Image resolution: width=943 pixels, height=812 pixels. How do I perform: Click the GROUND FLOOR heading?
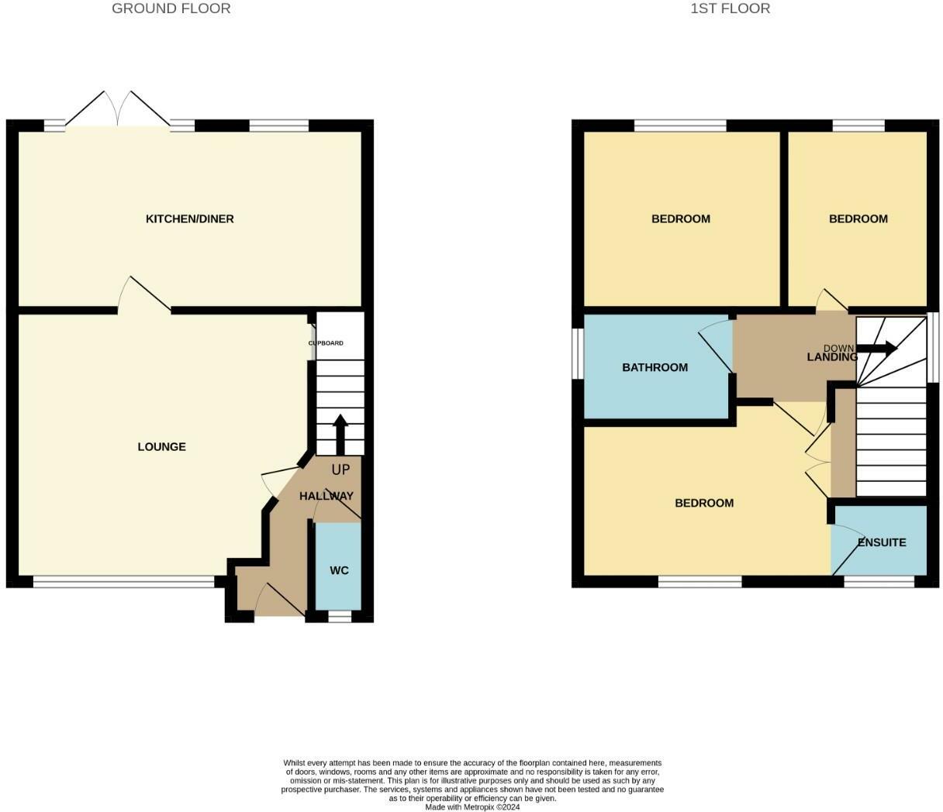coord(171,9)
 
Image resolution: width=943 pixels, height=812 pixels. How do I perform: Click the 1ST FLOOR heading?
coord(730,9)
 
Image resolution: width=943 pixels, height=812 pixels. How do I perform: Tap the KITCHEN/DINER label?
coord(189,219)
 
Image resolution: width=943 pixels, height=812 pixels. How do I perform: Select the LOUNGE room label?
coord(161,447)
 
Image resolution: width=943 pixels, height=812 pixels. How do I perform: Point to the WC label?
coord(339,570)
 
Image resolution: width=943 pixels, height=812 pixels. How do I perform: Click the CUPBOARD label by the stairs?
coord(326,343)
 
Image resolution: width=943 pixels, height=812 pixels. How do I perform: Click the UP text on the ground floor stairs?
coord(340,470)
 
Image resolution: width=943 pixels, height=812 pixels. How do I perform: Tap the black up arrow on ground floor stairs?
coord(340,434)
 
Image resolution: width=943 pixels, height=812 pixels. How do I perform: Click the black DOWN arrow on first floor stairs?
coord(876,349)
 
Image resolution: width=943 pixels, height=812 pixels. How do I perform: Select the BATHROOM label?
coord(655,367)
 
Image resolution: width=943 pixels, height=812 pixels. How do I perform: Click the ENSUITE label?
coord(882,542)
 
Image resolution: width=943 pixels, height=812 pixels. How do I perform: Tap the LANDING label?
coord(832,357)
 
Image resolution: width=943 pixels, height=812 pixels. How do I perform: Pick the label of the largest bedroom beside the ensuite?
coord(704,503)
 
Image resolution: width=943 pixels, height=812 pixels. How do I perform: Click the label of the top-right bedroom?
coord(858,219)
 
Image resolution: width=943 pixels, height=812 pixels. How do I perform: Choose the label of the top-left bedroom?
coord(680,219)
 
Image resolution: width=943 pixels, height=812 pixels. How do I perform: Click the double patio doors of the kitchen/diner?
coord(118,110)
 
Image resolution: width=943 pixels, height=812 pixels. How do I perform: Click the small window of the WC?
coord(339,617)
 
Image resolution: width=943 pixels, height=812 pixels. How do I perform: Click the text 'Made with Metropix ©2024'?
coord(472,807)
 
